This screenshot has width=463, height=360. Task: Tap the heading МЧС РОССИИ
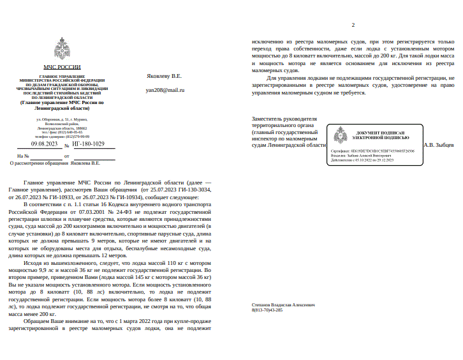pos(62,67)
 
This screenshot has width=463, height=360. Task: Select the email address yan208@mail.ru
pos(165,90)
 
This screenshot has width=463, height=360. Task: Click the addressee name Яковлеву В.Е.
pos(164,76)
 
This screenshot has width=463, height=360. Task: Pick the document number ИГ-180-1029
pos(89,144)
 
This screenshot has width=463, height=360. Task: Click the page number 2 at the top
pos(353,25)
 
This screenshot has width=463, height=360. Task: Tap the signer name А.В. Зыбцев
pos(439,145)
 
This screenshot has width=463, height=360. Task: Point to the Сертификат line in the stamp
pos(372,151)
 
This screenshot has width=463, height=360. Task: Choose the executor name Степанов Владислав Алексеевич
pos(283,305)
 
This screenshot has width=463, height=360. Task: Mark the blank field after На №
pos(47,156)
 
